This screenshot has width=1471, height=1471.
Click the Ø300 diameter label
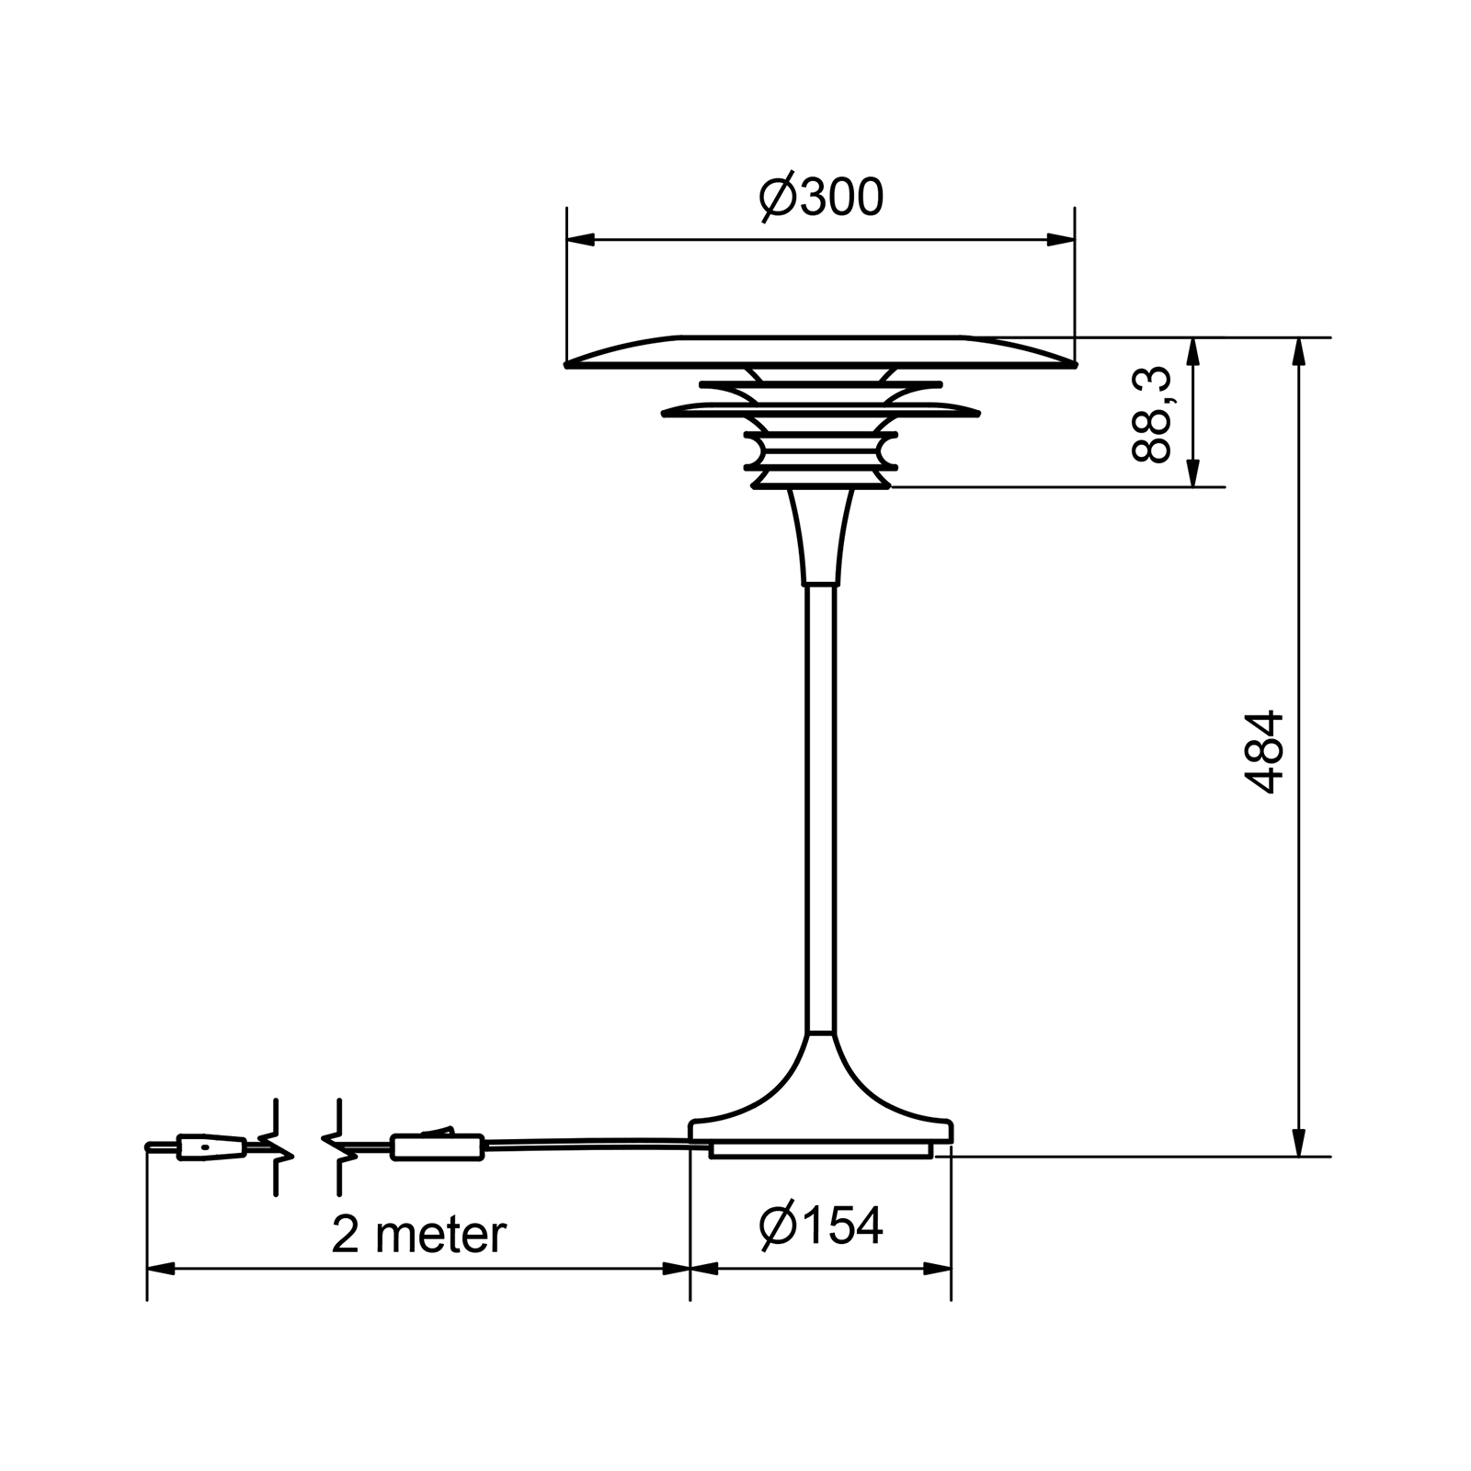821,197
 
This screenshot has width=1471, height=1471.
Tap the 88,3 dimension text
1151,415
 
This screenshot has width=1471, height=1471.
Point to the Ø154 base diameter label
821,1226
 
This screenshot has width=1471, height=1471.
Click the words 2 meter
418,1234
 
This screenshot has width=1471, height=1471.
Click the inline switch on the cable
438,1146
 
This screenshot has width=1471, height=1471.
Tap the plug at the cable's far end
211,1147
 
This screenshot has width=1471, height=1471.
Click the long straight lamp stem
821,809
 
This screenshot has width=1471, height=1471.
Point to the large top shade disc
821,351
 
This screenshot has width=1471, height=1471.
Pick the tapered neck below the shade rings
821,538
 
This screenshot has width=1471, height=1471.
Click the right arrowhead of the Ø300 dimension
1061,240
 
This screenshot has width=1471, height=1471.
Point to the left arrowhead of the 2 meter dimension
161,1269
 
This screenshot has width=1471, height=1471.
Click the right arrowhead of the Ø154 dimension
938,1269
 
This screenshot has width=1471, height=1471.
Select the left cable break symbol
276,1147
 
